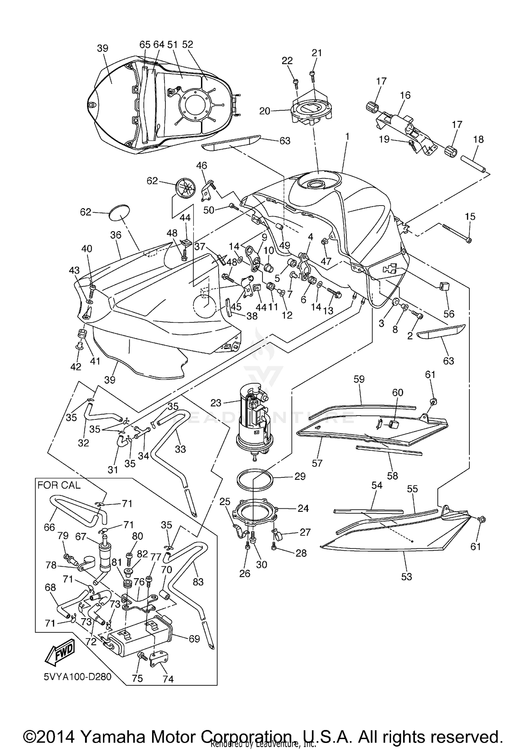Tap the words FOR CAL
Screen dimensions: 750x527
pos(59,485)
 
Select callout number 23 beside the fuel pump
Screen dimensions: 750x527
pos(216,403)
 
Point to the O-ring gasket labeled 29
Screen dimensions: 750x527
pos(255,479)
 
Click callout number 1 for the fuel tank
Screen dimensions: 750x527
pos(347,136)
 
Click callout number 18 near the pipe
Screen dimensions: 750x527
pos(478,139)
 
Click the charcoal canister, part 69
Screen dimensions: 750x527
pos(141,641)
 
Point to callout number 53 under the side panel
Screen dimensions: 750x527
pos(406,576)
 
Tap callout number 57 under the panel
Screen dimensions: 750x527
pos(317,463)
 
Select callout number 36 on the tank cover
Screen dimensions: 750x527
pos(116,235)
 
